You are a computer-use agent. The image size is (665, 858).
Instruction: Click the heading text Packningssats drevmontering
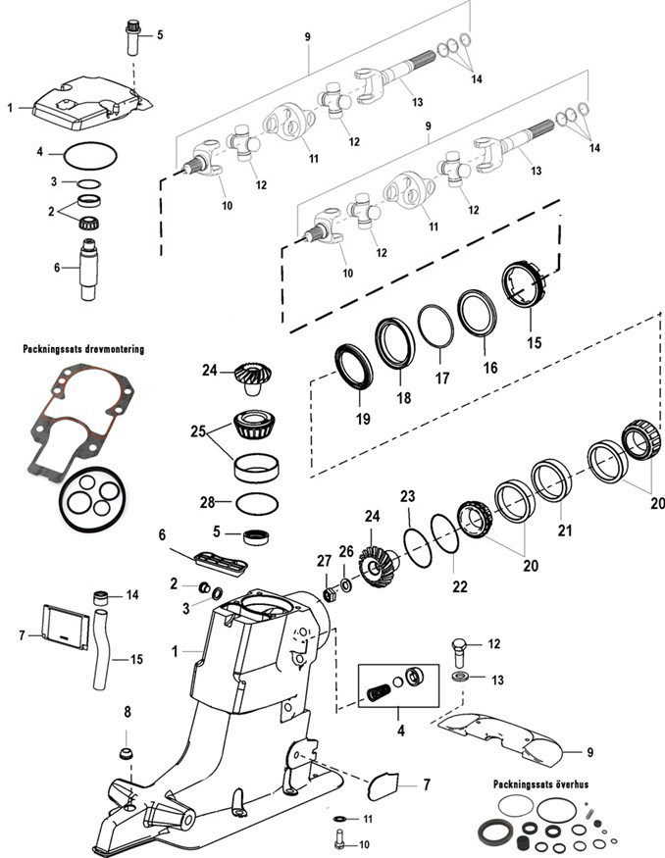coord(83,348)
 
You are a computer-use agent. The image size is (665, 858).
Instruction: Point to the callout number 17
coord(443,379)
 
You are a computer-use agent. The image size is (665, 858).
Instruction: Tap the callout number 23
coord(407,496)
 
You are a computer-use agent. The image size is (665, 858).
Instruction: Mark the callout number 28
coord(208,502)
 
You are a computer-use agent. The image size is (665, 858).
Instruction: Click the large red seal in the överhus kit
coord(492,832)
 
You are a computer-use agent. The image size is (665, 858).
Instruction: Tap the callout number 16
coord(489,368)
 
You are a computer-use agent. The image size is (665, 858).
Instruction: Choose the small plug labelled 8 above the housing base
coord(127,755)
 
